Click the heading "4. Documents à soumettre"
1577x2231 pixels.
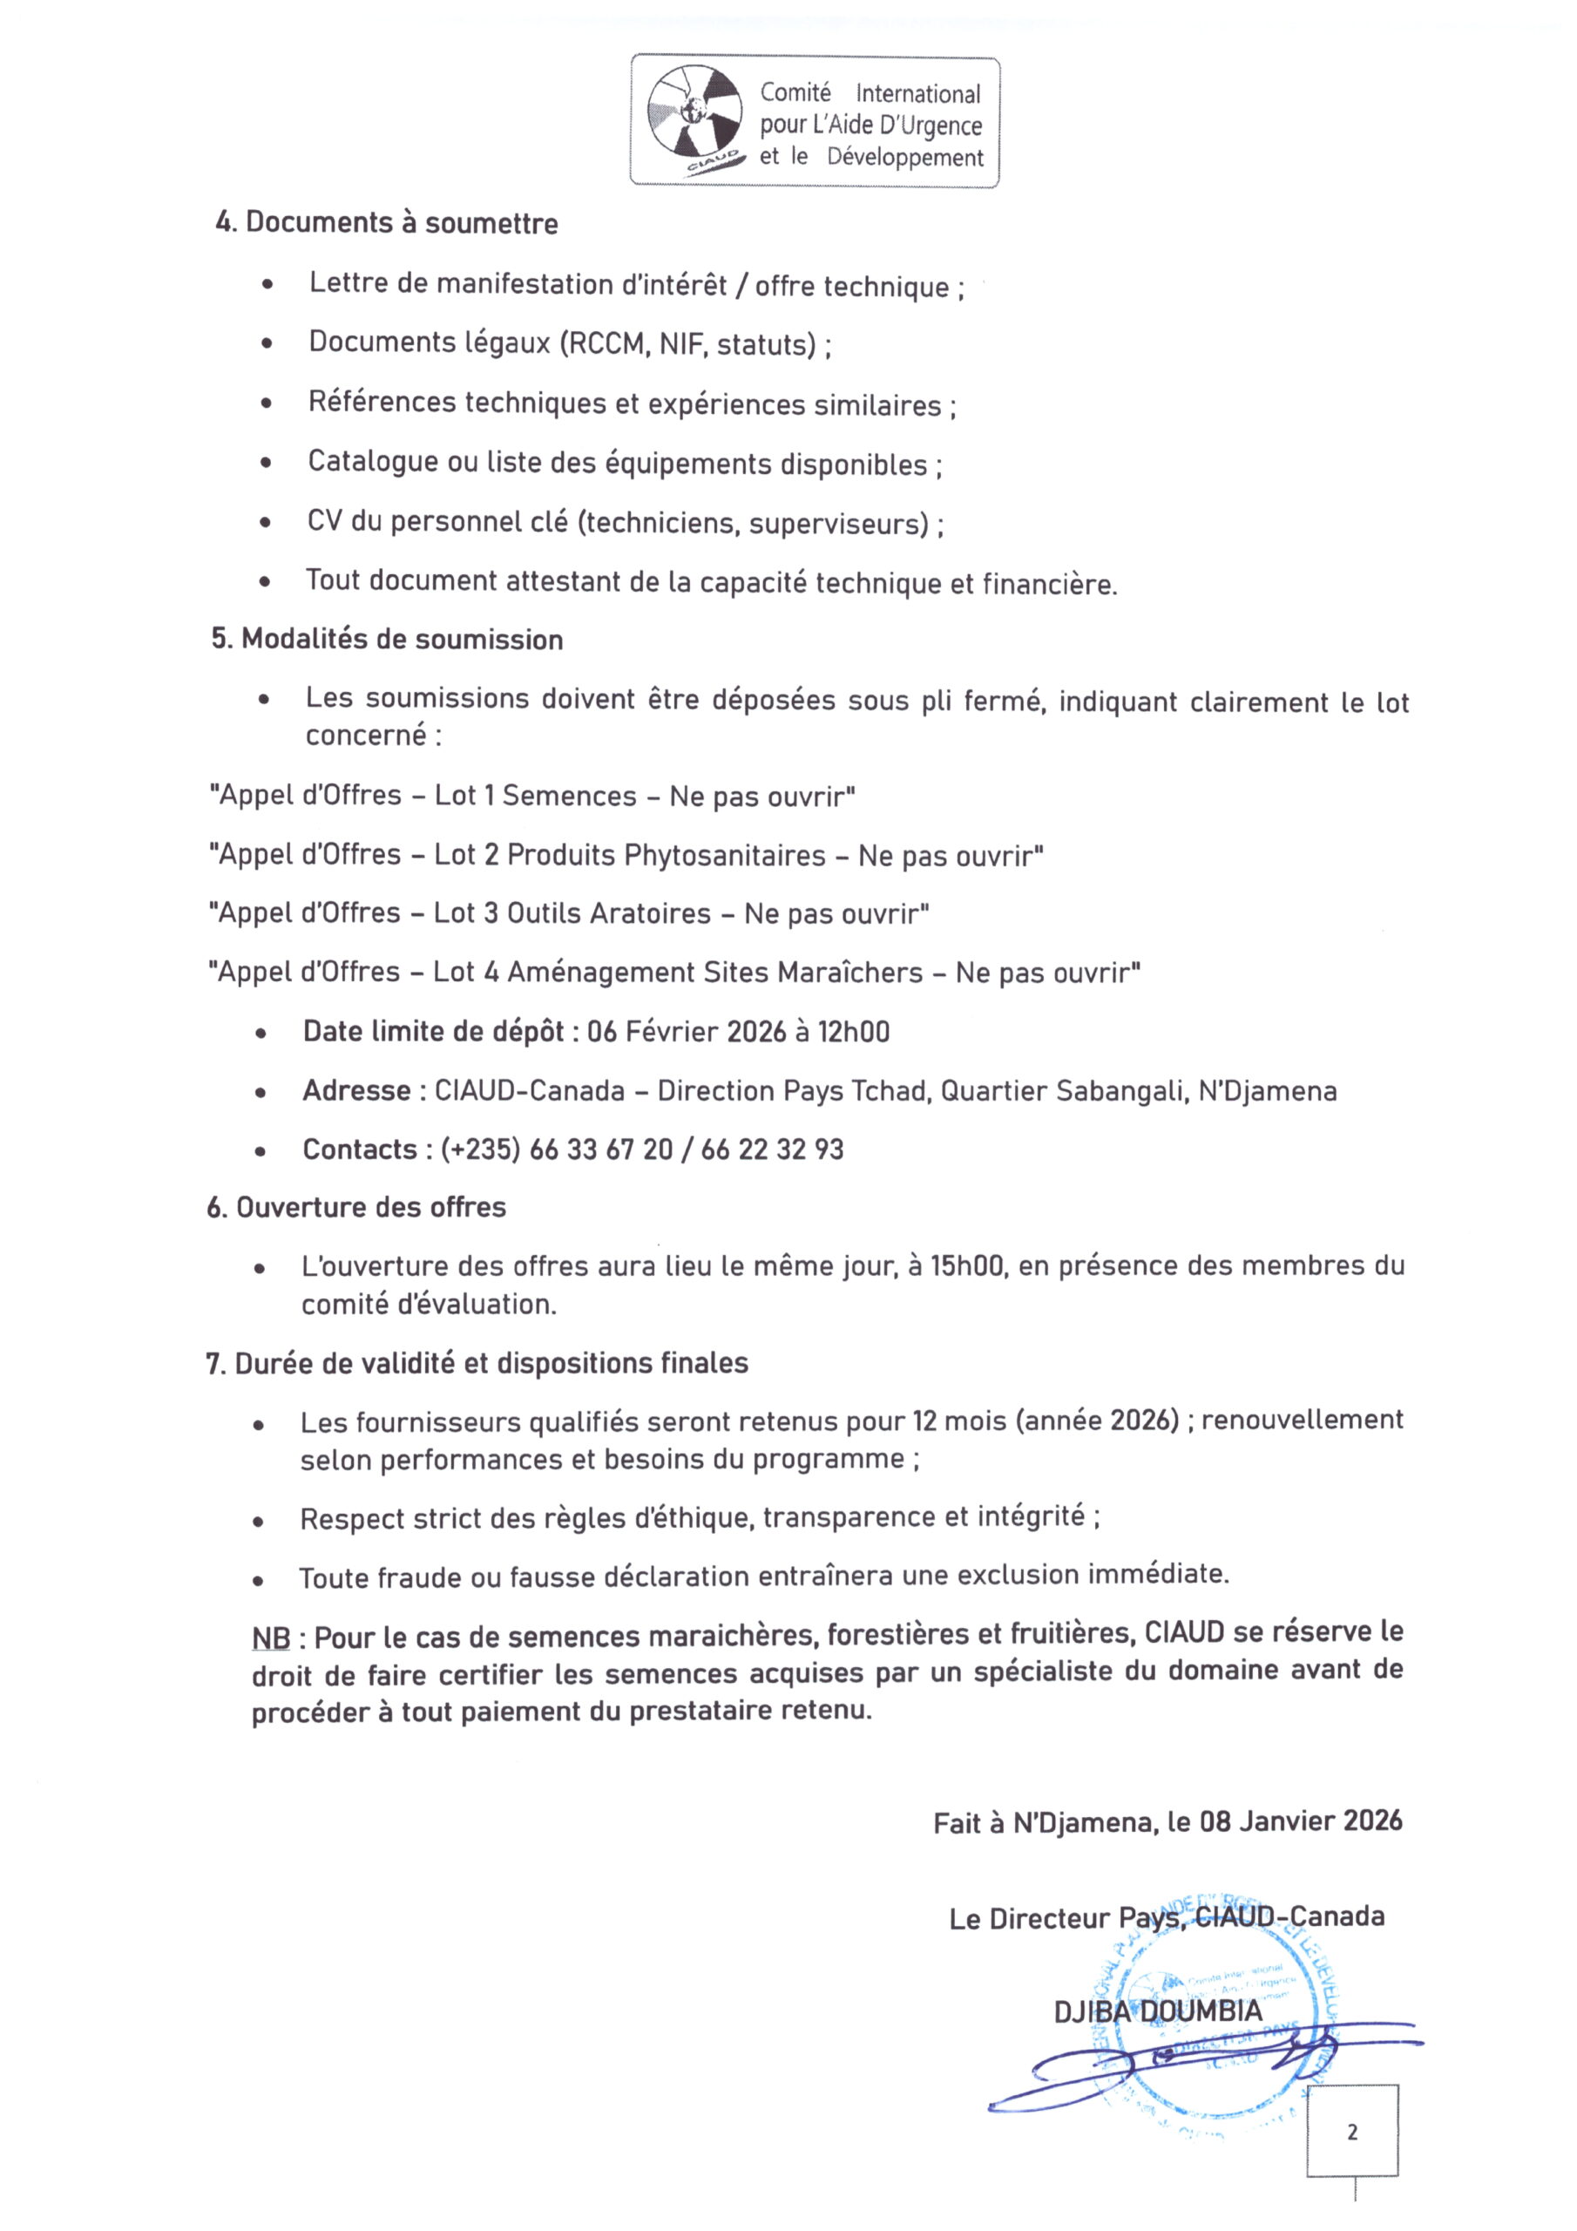[386, 222]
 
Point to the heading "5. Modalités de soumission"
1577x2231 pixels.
[387, 640]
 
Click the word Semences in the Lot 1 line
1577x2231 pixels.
[568, 796]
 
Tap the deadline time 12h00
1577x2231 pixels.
[853, 1032]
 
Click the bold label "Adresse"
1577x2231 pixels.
[355, 1090]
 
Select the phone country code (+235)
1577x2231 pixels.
[480, 1149]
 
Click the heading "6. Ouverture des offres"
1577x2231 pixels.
[355, 1208]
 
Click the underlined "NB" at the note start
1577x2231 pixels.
[271, 1638]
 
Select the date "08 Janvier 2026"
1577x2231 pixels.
[1301, 1821]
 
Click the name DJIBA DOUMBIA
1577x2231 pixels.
[1158, 2011]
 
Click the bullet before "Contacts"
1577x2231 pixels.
[261, 1151]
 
